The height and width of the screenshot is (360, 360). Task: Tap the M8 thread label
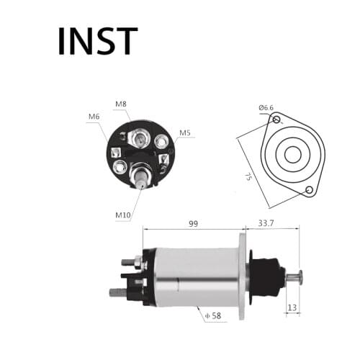121,104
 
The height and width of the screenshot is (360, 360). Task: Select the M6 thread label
94,117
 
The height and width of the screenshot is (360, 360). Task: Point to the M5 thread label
185,132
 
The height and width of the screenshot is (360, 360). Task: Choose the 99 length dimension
193,224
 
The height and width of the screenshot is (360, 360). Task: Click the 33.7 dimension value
267,224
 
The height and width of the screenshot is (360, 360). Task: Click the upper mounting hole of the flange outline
277,119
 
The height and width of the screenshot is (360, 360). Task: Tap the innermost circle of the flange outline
292,154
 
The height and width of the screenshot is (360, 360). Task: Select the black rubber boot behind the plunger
267,275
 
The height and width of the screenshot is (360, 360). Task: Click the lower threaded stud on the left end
117,292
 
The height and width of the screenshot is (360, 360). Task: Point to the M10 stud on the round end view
140,174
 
